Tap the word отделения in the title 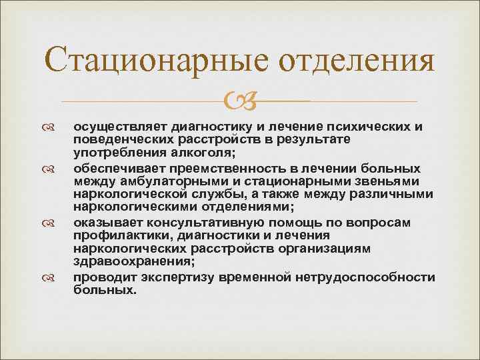(x=356, y=62)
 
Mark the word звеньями (x=387, y=181)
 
